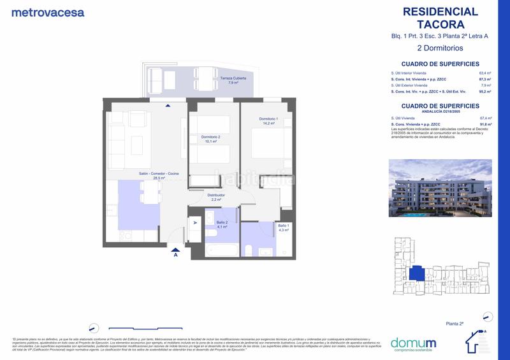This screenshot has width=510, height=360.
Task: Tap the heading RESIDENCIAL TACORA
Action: click(x=441, y=18)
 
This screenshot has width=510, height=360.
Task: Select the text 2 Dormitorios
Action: click(x=440, y=48)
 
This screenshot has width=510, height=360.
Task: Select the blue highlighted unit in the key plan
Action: click(x=417, y=273)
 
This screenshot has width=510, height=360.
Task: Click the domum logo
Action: click(x=413, y=343)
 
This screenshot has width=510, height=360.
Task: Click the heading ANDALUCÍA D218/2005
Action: click(x=440, y=112)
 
